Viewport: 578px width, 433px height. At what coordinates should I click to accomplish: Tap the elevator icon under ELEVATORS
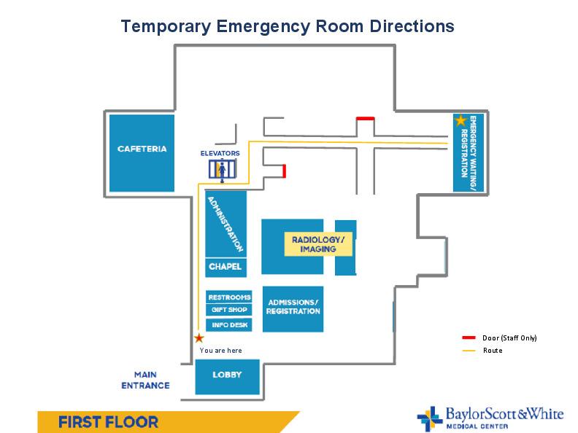tap(223, 170)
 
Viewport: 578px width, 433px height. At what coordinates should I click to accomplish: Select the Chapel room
tap(226, 267)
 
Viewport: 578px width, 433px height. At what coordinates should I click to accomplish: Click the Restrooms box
tap(229, 297)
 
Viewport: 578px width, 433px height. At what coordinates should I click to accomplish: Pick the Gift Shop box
tap(229, 310)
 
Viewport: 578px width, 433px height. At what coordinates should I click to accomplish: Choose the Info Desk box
tap(229, 324)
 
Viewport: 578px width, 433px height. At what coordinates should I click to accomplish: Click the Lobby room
tap(227, 376)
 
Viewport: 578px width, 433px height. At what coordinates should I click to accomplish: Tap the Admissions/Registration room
tap(293, 308)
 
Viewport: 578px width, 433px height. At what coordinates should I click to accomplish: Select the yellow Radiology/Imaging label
tap(317, 244)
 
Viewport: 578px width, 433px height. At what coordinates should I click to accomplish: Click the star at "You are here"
tap(199, 338)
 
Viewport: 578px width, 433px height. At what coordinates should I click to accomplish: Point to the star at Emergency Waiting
tap(460, 120)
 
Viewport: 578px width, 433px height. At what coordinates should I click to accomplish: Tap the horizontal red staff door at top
tap(365, 118)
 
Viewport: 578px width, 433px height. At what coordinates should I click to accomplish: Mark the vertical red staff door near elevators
tap(284, 171)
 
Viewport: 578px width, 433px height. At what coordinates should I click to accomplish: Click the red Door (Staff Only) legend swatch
tap(469, 338)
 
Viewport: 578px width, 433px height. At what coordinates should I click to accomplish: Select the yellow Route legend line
tap(469, 351)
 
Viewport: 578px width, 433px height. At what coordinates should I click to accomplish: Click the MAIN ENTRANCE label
tap(152, 380)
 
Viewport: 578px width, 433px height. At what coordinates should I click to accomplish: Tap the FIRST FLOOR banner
tap(109, 422)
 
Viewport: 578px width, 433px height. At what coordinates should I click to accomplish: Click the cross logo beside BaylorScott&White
tap(428, 418)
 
